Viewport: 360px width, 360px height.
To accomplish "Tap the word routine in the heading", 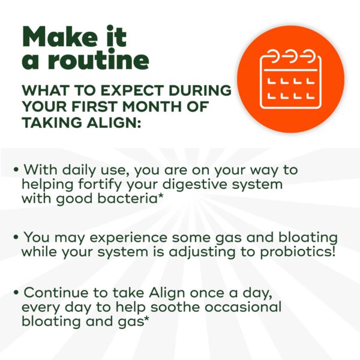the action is point(98,59).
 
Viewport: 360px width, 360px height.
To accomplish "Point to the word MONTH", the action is point(152,106).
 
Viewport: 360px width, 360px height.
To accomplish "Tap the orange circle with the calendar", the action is point(290,79).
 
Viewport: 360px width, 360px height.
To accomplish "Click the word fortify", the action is point(100,185).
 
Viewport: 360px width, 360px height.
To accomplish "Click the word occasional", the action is point(243,307).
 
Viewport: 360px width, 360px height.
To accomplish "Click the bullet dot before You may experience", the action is point(16,237).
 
